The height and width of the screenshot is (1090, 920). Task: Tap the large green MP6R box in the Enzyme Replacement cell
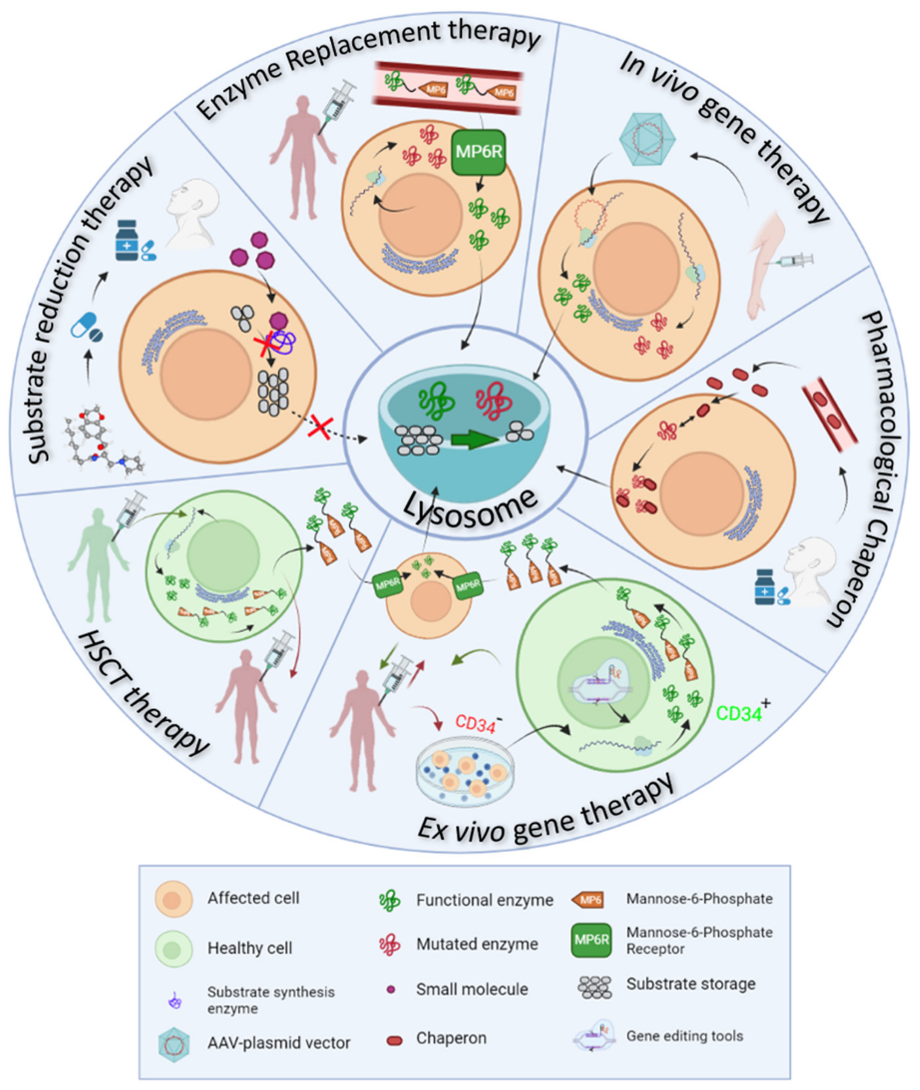(x=478, y=152)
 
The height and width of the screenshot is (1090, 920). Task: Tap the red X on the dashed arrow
(x=320, y=427)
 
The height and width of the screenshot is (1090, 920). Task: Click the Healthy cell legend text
(x=250, y=948)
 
